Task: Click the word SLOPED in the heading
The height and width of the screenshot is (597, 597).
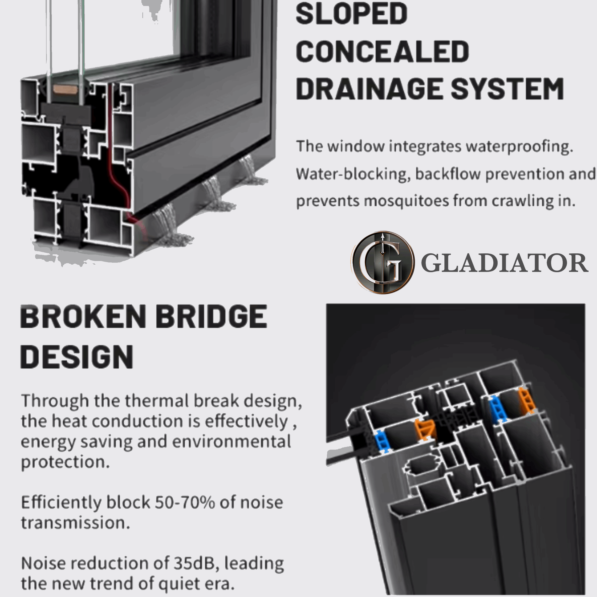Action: [352, 14]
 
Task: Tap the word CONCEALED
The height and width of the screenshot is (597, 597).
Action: [383, 51]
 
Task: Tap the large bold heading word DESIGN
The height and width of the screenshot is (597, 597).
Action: [77, 357]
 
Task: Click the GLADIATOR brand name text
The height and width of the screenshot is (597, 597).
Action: [504, 263]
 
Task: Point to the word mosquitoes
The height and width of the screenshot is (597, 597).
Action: [407, 201]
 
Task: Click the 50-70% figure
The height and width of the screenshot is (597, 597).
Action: [185, 502]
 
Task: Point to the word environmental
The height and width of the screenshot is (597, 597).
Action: [231, 441]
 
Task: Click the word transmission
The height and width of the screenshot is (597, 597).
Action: [75, 522]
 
